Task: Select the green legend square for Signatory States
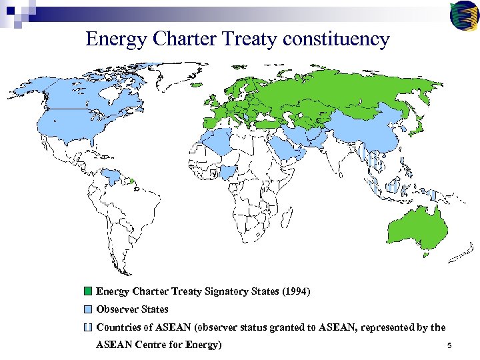[88, 291]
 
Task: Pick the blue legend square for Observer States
[88, 309]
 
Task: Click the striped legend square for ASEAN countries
[88, 327]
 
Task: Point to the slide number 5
[450, 345]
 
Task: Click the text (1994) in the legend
[297, 291]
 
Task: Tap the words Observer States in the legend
[132, 309]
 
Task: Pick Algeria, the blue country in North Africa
[217, 140]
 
